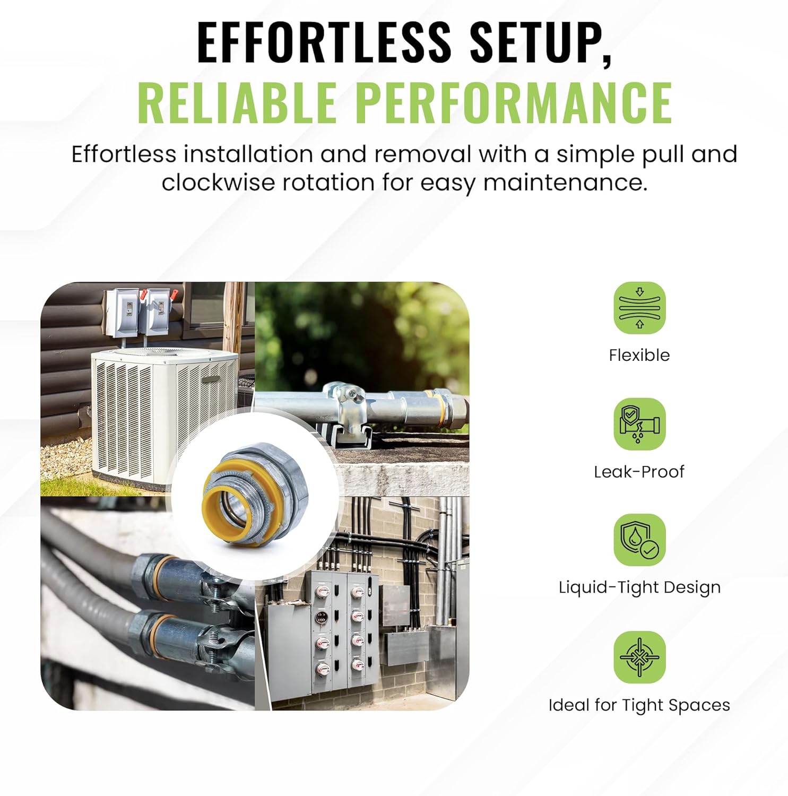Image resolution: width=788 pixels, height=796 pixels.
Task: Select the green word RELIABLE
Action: pos(237,102)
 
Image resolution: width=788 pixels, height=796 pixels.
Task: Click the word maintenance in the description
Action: pos(565,183)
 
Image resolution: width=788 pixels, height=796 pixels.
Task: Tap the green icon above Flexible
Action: pos(639,308)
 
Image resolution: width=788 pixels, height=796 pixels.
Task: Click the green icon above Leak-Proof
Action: pos(639,424)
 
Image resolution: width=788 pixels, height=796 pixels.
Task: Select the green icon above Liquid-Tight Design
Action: pos(639,540)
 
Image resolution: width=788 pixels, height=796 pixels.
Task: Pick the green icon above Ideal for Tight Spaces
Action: pos(639,657)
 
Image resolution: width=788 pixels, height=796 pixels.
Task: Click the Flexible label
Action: pos(639,355)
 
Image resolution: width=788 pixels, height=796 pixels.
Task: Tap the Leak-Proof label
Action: pos(639,471)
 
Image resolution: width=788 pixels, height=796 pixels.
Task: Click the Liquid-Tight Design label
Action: pos(639,587)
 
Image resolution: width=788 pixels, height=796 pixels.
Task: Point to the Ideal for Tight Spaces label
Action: pos(639,705)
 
